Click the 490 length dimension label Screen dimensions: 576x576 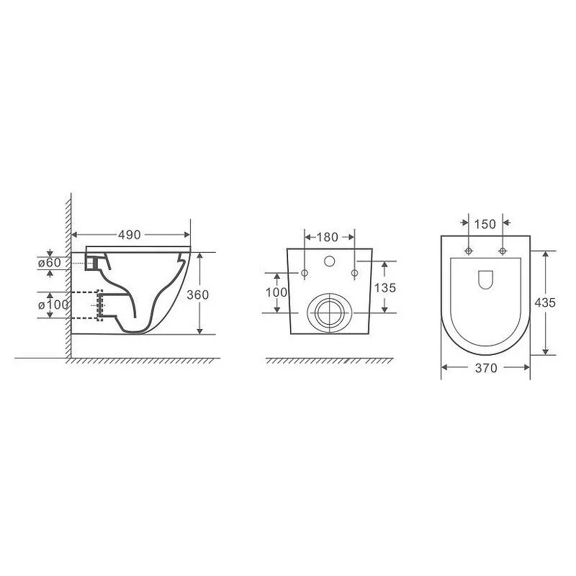pyautogui.click(x=130, y=235)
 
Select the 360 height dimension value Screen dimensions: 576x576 pyautogui.click(x=197, y=294)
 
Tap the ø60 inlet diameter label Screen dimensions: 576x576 pyautogui.click(x=50, y=263)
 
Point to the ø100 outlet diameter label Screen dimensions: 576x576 pyautogui.click(x=53, y=305)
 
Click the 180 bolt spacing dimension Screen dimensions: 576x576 pyautogui.click(x=327, y=238)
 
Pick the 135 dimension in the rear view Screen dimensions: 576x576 pyautogui.click(x=385, y=287)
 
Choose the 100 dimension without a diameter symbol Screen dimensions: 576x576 pyautogui.click(x=276, y=292)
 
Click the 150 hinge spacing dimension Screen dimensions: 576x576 pyautogui.click(x=485, y=224)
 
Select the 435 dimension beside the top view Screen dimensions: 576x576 pyautogui.click(x=545, y=302)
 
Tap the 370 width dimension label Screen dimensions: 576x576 pyautogui.click(x=486, y=368)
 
